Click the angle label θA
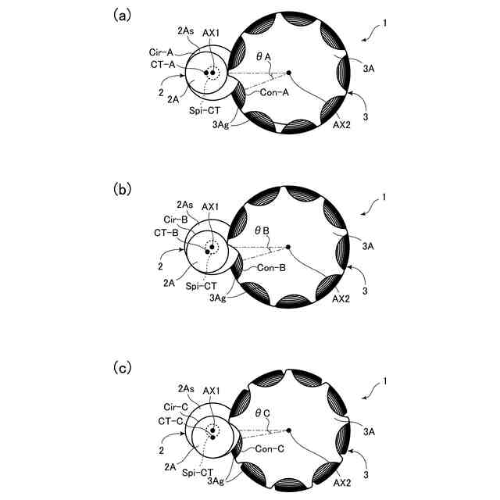pos(262,57)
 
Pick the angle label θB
pos(262,232)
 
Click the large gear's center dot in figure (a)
pos(288,73)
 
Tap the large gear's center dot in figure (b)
pos(288,248)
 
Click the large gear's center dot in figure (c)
pos(288,430)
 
